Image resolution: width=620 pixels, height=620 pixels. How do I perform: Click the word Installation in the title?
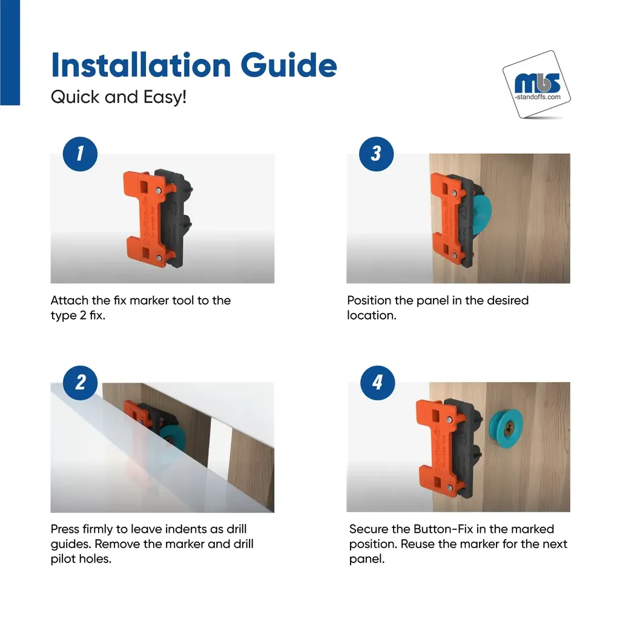[x=141, y=65]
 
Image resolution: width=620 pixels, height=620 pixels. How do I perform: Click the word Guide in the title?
[x=289, y=65]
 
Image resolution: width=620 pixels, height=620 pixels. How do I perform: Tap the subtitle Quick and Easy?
[x=119, y=97]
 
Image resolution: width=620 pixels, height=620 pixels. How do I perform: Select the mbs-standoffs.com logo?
[x=536, y=85]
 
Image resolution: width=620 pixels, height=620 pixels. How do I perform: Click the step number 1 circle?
[x=81, y=154]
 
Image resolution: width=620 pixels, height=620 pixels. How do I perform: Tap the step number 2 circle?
[x=81, y=383]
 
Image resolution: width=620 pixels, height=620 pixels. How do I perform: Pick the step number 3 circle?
[x=377, y=154]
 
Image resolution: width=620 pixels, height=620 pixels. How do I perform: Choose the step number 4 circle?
[x=378, y=383]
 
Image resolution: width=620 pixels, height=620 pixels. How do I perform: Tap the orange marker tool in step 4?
[x=439, y=447]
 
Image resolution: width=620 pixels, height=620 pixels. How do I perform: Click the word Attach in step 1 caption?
[x=70, y=300]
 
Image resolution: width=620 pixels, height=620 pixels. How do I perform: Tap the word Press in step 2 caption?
[x=65, y=529]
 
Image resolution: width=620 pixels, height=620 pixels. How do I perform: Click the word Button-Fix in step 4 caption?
[x=443, y=529]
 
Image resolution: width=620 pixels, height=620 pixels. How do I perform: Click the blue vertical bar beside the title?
[x=10, y=53]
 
